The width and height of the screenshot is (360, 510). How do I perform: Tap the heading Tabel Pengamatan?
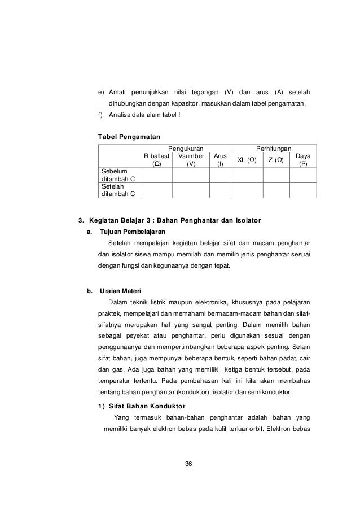129,137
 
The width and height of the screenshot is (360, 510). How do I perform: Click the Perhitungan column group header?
274,147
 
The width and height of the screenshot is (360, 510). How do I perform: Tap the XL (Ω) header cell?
247,160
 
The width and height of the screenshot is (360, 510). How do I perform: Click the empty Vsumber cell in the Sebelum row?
191,175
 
